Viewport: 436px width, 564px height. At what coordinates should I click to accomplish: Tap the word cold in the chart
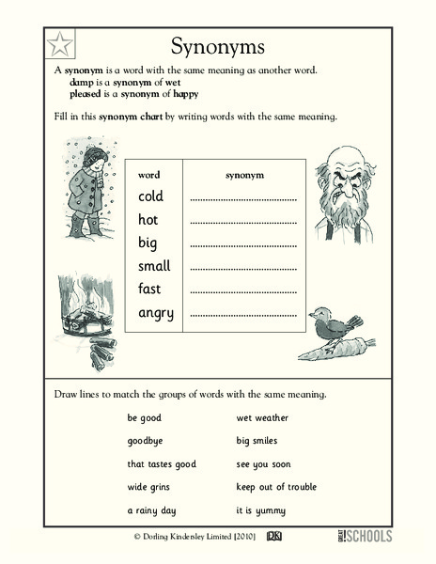coord(150,197)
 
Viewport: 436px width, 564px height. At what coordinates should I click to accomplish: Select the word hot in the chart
coord(148,220)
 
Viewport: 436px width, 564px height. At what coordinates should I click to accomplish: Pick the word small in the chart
coord(154,266)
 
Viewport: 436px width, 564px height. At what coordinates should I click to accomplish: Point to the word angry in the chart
coord(155,313)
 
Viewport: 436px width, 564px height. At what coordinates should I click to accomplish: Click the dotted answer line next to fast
coord(243,291)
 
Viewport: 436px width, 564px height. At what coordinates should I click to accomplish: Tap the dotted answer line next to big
coord(243,245)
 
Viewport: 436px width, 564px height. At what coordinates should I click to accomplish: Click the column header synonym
coord(245,175)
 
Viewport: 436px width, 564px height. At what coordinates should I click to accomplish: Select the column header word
coord(148,175)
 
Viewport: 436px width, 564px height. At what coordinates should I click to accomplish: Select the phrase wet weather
coord(262,416)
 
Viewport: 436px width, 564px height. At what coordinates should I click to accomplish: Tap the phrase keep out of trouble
coord(276,487)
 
